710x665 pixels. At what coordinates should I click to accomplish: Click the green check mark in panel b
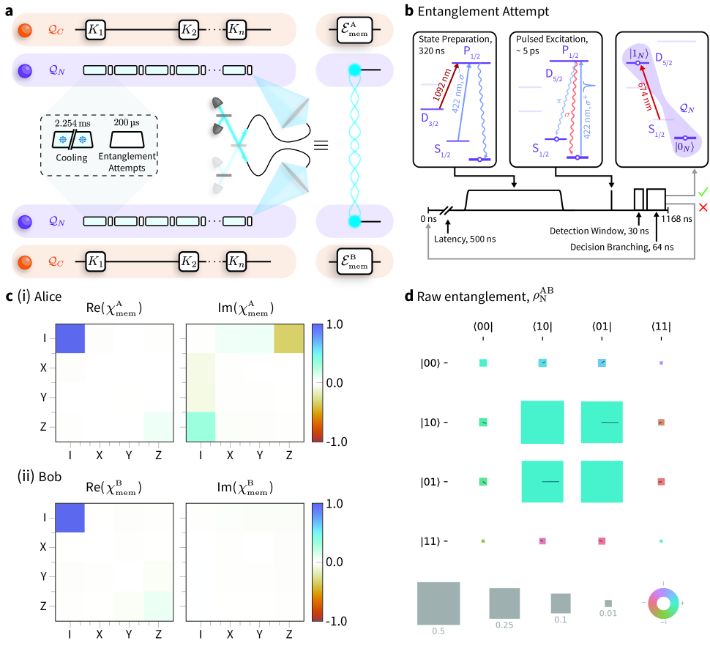683,192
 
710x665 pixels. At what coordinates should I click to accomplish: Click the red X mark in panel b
683,208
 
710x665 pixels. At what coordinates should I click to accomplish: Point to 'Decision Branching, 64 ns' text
622,246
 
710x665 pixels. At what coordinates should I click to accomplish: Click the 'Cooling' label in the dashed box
72,157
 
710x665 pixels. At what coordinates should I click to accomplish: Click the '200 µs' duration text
128,123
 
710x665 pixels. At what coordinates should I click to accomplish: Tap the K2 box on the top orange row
190,31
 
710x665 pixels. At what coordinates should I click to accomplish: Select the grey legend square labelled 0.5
438,603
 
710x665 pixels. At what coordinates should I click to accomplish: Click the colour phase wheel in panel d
663,603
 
